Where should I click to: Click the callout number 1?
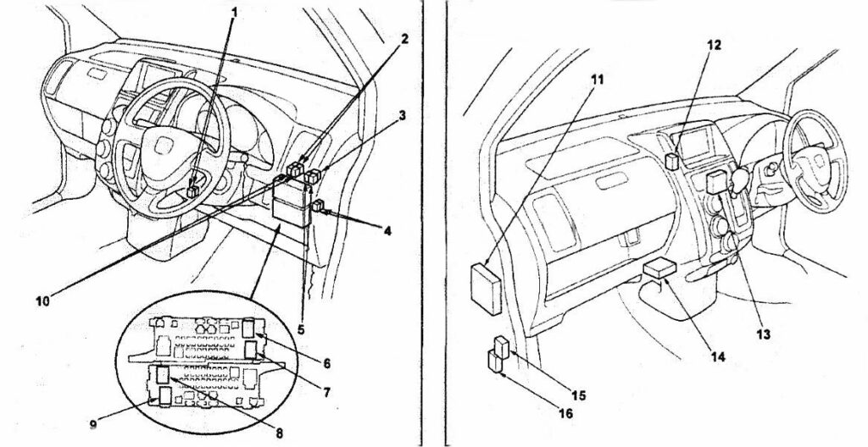233,12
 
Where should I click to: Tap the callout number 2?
404,39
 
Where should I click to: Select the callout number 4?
387,230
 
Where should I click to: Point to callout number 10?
43,301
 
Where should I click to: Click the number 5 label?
301,329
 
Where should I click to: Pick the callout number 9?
93,424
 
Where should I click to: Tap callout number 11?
597,79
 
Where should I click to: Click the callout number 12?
714,45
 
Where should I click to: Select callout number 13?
764,334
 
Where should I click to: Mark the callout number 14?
717,356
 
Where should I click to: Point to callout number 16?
565,412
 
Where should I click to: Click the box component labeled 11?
486,289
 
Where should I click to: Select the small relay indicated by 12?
672,161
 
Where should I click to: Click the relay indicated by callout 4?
320,207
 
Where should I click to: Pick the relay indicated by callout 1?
194,191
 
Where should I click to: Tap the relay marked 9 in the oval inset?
165,395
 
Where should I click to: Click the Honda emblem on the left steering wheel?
163,146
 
